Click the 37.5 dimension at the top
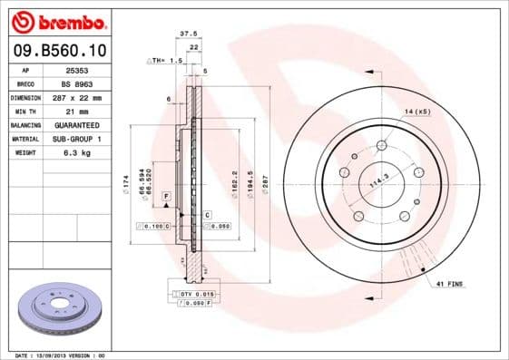[189, 33]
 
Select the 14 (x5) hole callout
[416, 111]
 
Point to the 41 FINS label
[448, 285]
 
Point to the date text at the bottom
[61, 355]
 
